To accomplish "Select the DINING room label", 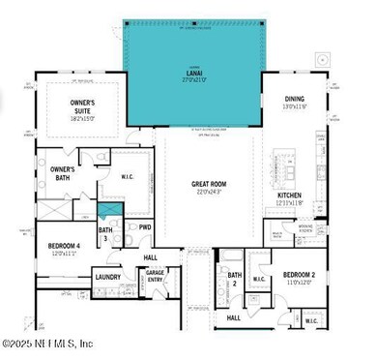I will tap(294, 99).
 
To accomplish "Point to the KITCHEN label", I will tap(291, 195).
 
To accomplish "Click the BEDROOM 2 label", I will tap(300, 276).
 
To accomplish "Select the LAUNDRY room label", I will tap(107, 277).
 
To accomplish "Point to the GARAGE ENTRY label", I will tap(155, 277).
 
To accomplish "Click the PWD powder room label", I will tap(145, 227).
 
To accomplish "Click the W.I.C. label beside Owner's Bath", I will tap(127, 175).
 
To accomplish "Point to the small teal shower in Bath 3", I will tap(109, 210).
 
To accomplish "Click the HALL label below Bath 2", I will tap(233, 316).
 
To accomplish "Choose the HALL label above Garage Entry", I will tap(150, 257).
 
